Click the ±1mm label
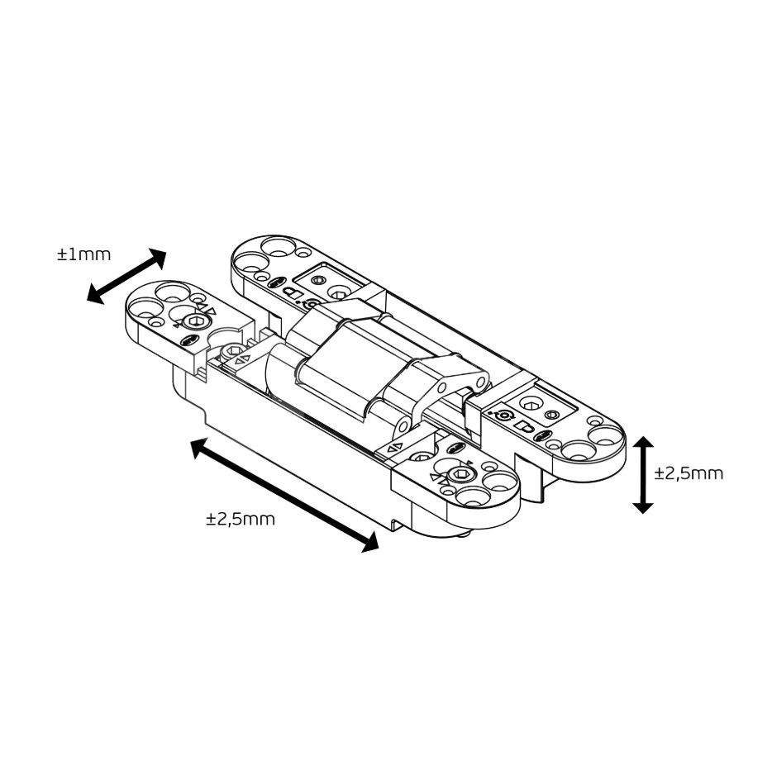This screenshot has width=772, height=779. (83, 255)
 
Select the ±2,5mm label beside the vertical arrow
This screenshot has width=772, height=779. (689, 473)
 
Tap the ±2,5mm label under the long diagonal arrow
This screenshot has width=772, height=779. (241, 519)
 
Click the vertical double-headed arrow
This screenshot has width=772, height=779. (643, 475)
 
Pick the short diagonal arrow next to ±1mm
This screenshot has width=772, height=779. (126, 276)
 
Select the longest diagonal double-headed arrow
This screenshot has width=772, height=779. (285, 495)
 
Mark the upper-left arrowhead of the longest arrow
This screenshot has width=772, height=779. (200, 447)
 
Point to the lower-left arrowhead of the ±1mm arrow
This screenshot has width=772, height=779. (96, 294)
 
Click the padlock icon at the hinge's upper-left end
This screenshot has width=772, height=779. (293, 292)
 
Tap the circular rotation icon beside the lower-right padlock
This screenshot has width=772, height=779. (506, 415)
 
